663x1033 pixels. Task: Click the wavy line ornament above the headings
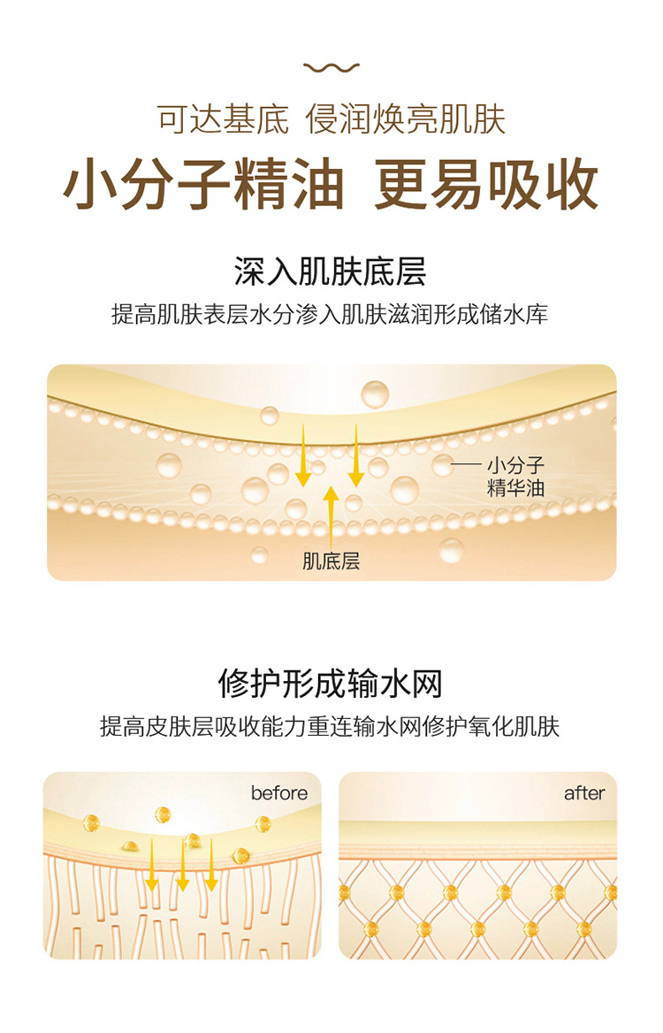pos(331,67)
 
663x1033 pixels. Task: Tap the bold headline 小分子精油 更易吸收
pos(331,185)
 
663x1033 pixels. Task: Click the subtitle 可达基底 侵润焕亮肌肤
pos(331,120)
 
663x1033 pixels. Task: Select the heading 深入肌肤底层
pos(330,272)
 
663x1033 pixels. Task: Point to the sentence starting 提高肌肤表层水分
pos(330,314)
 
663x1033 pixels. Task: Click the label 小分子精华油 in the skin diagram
pos(515,477)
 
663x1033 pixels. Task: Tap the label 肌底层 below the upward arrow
pos(331,562)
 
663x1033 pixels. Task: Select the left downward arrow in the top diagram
pos(303,455)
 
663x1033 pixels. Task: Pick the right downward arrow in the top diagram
pos(355,455)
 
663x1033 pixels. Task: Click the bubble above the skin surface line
pos(375,394)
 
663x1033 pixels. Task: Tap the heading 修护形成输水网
pos(330,683)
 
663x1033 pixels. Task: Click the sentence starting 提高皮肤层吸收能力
pos(330,727)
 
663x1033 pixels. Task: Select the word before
pos(279,792)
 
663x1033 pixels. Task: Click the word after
pos(584,792)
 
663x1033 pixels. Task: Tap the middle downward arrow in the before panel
pos(183,865)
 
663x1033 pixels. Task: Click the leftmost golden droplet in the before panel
pos(91,823)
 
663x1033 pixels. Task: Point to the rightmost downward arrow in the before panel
pos(211,865)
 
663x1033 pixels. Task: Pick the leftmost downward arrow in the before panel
pos(152,865)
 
